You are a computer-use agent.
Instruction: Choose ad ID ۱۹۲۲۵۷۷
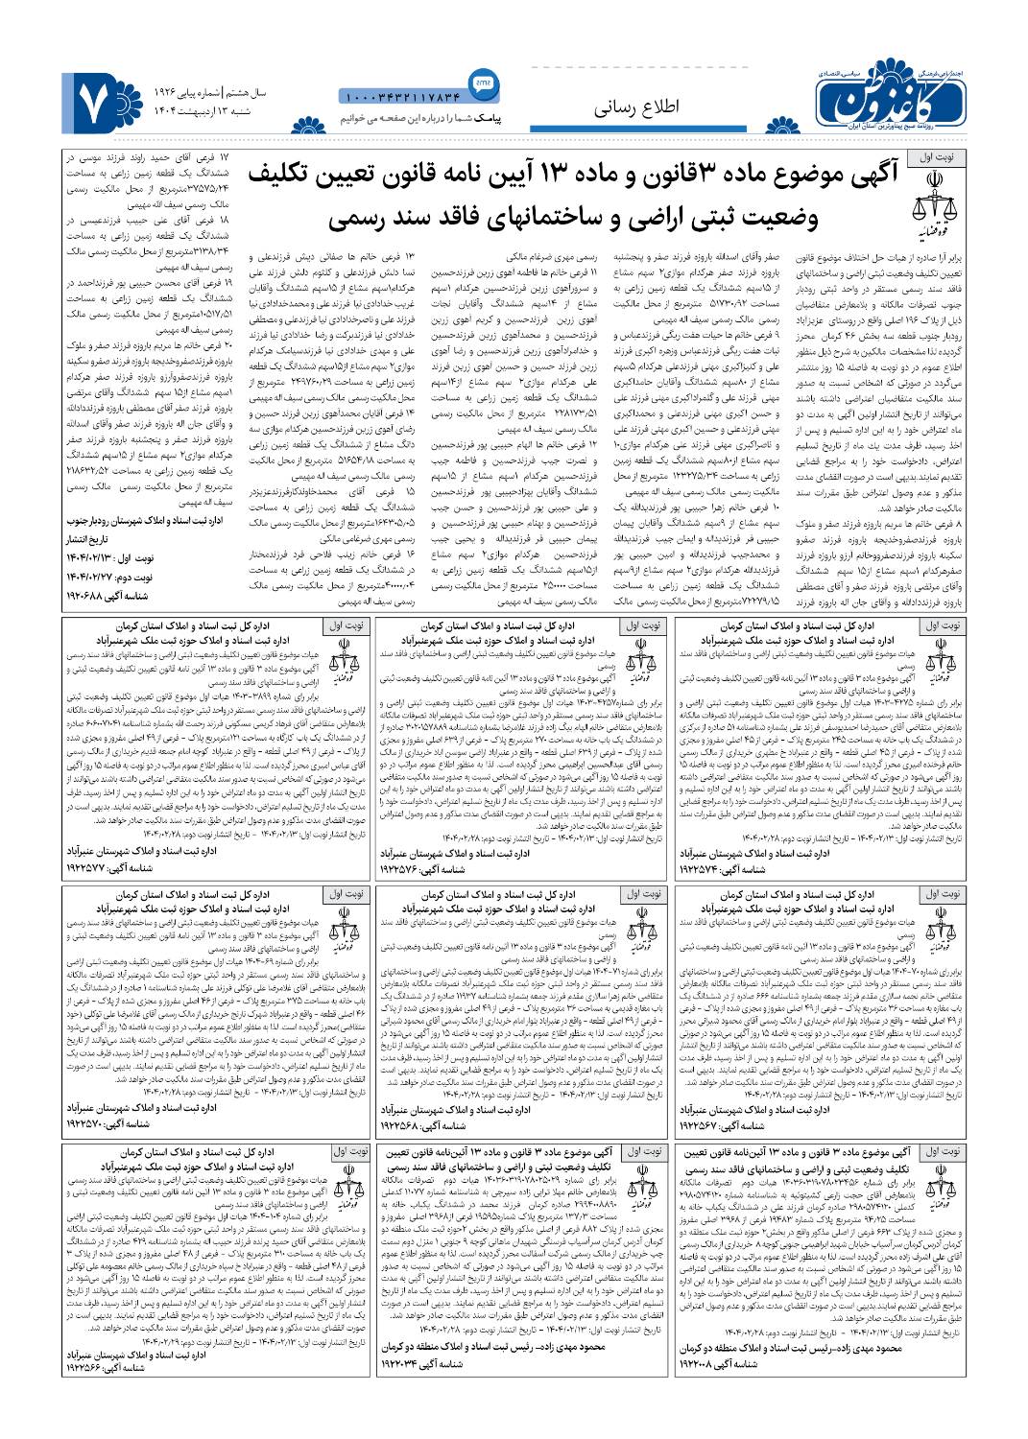pyautogui.click(x=97, y=866)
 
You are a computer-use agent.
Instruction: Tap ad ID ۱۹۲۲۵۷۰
pyautogui.click(x=97, y=1123)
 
